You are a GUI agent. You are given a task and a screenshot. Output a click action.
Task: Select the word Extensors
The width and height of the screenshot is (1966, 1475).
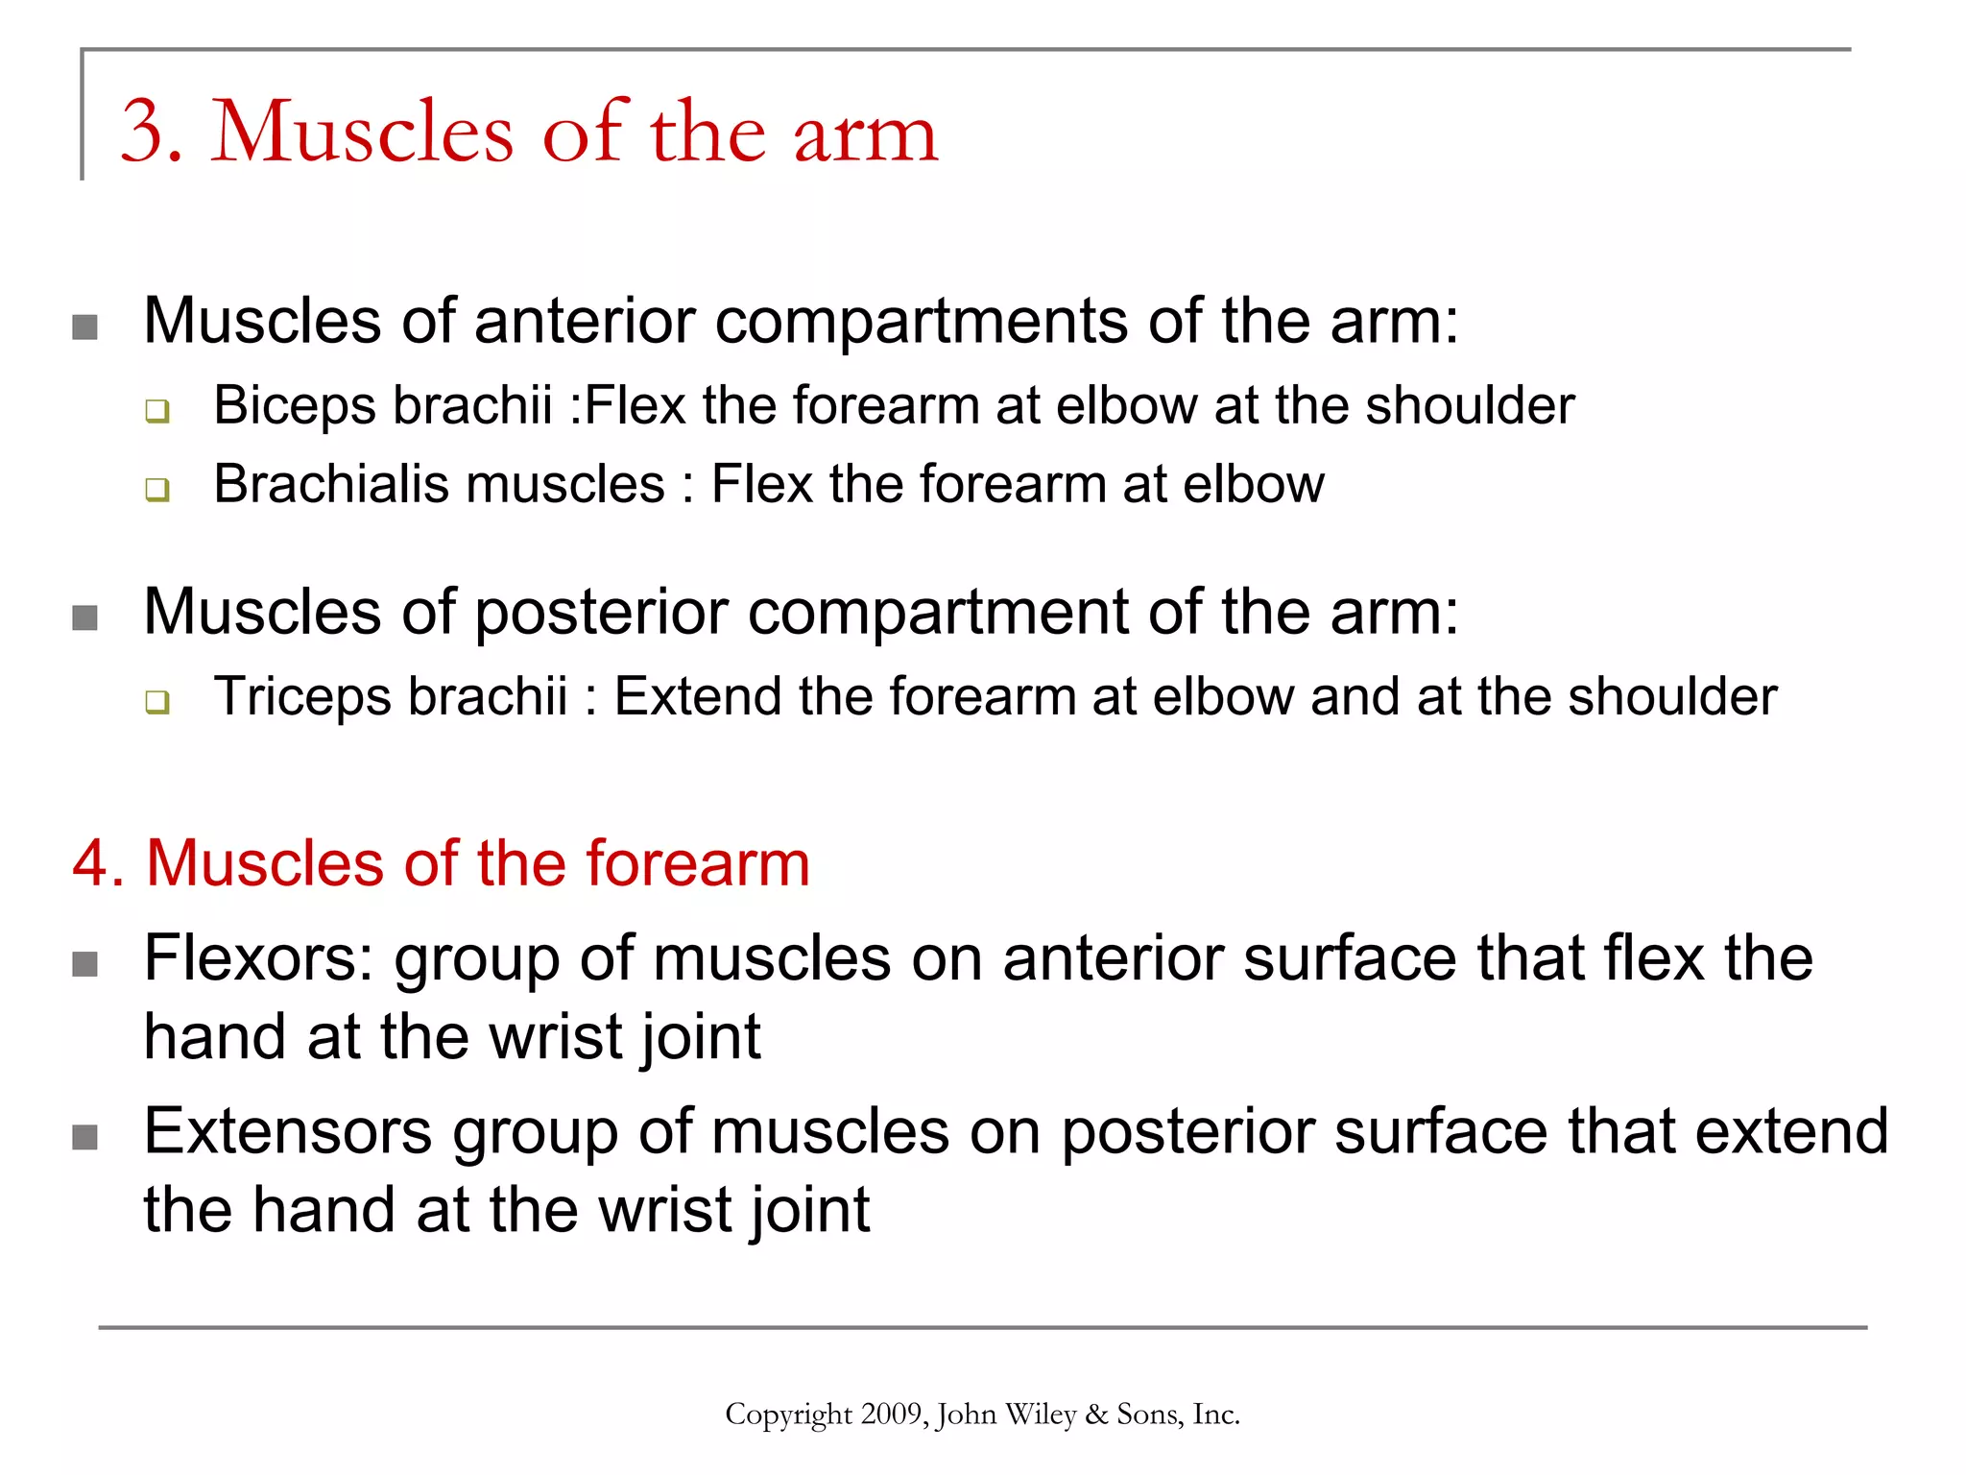(288, 1131)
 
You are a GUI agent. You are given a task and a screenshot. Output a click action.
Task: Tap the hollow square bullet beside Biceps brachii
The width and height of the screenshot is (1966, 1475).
(157, 412)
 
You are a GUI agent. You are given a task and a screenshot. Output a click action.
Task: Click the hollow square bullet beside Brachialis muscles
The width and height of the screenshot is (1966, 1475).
(157, 490)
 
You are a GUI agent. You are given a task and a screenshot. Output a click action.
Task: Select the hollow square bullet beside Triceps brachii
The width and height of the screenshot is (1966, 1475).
(157, 702)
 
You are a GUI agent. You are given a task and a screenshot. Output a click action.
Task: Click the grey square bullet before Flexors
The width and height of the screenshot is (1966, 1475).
(85, 963)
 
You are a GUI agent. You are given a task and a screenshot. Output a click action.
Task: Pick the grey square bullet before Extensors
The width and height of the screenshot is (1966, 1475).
(85, 1137)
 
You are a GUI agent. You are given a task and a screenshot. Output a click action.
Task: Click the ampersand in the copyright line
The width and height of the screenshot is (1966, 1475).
(1096, 1415)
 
